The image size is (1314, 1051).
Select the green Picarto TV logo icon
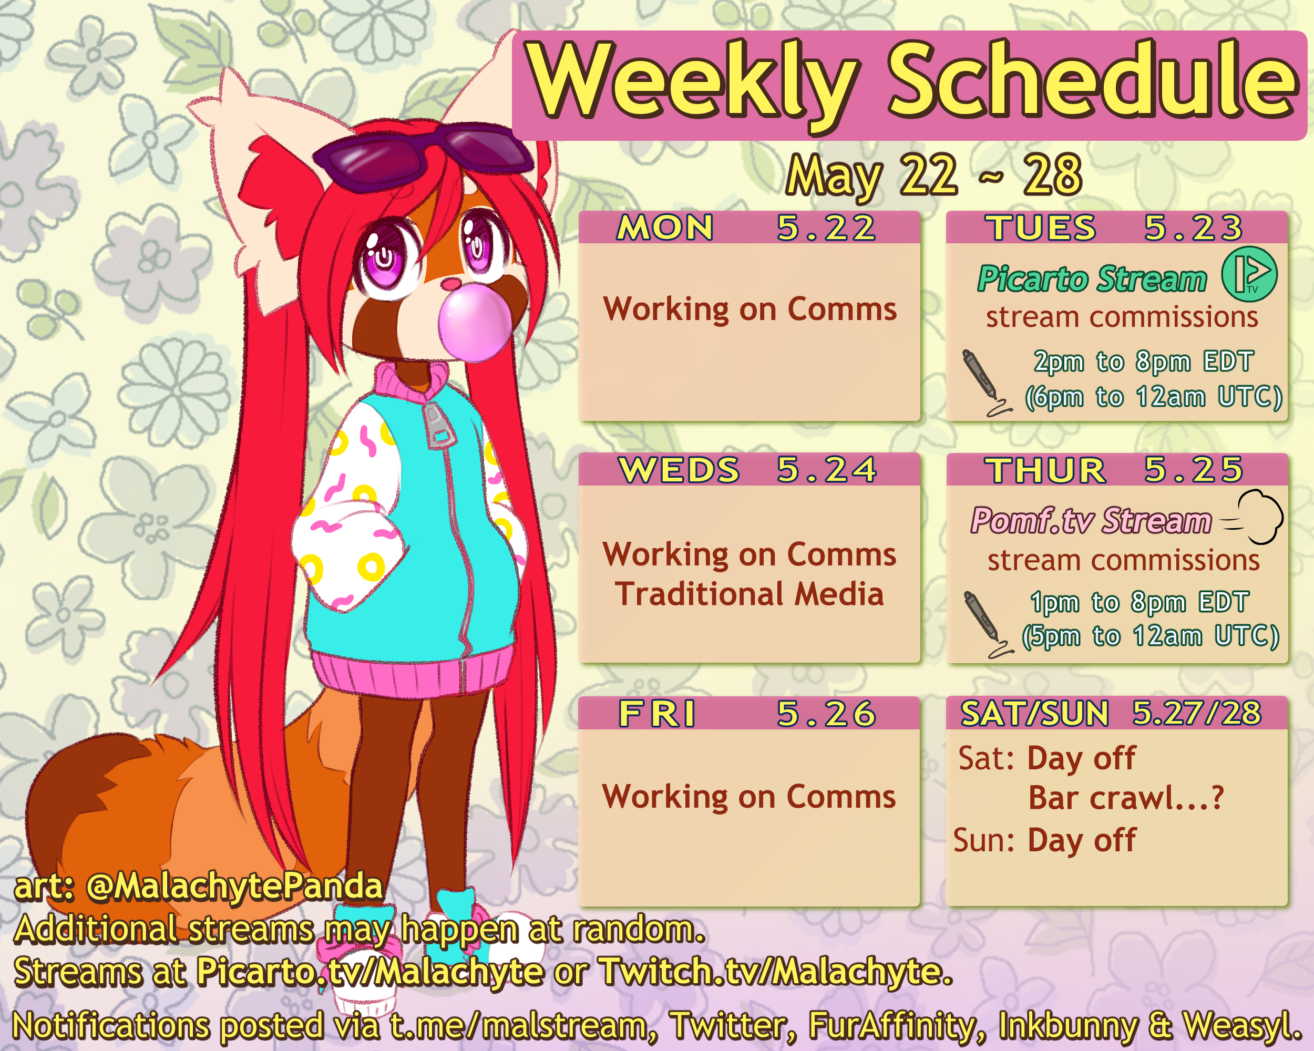coord(1249,274)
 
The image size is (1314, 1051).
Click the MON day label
coord(665,228)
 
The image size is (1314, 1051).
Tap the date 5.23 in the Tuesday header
coord(1193,228)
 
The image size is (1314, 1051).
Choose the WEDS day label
coord(679,470)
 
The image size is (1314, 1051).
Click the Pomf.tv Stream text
coord(1091,521)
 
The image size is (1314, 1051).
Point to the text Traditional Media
coord(749,593)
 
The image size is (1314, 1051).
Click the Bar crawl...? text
coord(1126,798)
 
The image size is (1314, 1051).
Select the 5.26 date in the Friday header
coord(826,714)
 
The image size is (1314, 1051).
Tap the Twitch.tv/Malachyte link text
coord(775,971)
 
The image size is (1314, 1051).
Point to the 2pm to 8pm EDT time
coord(1143,362)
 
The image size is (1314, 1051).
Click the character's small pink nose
coord(451,283)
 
